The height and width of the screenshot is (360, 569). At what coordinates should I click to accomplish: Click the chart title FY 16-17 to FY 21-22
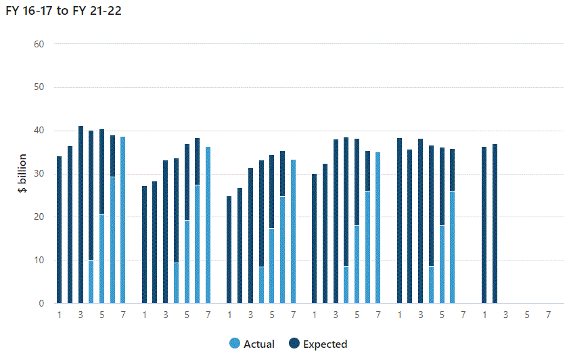(64, 11)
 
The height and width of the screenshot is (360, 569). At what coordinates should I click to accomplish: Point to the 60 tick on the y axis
(39, 44)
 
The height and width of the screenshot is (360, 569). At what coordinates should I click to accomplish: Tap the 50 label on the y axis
(39, 87)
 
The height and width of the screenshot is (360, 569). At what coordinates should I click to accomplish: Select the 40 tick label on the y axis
(39, 131)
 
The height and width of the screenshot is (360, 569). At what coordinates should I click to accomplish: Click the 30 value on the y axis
(39, 173)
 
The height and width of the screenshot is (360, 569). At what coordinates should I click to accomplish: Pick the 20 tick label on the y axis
(39, 217)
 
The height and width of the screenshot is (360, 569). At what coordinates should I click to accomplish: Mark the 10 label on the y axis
(39, 260)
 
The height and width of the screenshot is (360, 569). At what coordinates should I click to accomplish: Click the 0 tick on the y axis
(41, 303)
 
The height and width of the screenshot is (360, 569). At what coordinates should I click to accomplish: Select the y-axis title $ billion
(22, 173)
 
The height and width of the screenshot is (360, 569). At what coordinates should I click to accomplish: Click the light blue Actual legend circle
(235, 343)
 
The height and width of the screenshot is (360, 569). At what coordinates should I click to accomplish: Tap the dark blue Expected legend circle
(294, 343)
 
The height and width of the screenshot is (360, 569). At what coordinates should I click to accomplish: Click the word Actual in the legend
(258, 344)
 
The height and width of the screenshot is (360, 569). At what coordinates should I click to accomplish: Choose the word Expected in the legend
(325, 344)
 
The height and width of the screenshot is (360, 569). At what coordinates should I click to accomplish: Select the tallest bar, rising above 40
(81, 215)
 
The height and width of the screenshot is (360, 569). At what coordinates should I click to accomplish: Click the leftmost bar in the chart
(59, 229)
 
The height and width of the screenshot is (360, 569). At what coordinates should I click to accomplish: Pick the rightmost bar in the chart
(495, 223)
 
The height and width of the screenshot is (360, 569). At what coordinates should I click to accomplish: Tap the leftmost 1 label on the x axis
(59, 315)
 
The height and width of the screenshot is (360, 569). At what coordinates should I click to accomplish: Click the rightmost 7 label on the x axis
(548, 315)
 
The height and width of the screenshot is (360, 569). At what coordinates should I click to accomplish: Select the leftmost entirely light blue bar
(123, 220)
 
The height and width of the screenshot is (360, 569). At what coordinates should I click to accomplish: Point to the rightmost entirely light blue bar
(378, 227)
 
